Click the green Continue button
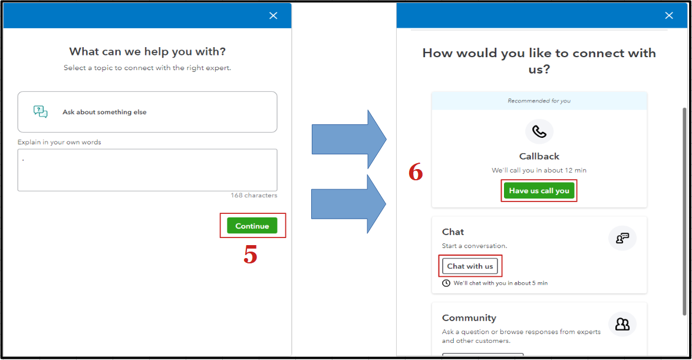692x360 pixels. point(252,226)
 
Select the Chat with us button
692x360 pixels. point(470,266)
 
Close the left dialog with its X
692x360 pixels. point(273,15)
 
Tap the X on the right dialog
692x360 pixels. point(668,15)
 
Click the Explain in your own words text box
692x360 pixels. point(147,170)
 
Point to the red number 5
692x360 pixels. point(251,255)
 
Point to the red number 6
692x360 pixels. point(416,171)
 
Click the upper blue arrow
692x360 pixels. point(349,140)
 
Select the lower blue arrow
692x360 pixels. point(348,204)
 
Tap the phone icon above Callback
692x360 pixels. point(539,131)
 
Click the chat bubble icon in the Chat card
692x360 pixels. point(622,238)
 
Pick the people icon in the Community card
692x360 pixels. point(622,324)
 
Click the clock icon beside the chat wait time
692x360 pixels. point(446,283)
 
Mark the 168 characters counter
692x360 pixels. point(254,196)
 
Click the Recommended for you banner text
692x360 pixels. point(539,101)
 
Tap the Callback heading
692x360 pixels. point(539,156)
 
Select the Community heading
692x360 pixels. point(469,318)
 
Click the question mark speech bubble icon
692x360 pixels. point(41,111)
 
